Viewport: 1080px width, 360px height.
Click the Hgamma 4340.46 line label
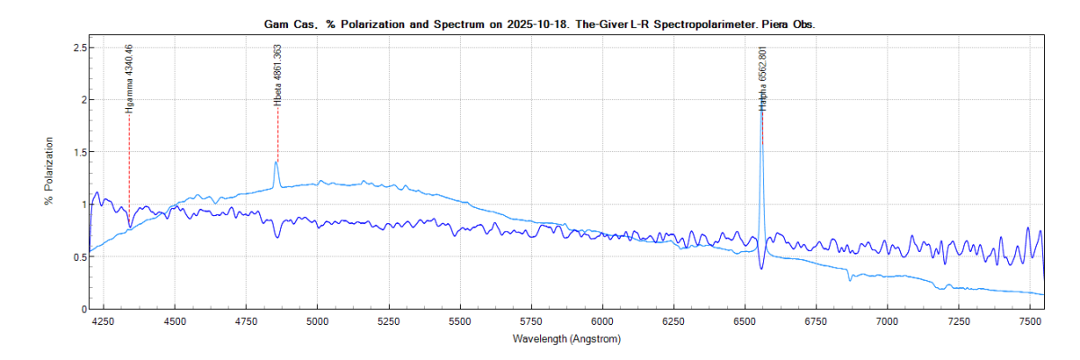tap(130, 77)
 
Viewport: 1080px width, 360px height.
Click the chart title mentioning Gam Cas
tap(539, 25)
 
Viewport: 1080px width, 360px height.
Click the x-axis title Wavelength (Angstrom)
tap(566, 339)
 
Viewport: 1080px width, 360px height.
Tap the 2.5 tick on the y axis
tap(77, 47)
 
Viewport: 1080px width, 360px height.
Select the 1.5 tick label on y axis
tap(77, 152)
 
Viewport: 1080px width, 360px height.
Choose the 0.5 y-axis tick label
tap(77, 257)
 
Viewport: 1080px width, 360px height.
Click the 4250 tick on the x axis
tap(103, 320)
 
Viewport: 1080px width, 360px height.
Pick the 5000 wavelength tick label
tap(318, 320)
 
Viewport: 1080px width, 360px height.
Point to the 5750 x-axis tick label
tap(531, 320)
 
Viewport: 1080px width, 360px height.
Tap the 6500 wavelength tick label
tap(745, 320)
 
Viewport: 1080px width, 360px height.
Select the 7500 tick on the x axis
tap(1030, 320)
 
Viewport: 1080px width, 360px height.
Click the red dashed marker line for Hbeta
tap(278, 135)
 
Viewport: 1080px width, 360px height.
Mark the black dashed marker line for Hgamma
tap(130, 162)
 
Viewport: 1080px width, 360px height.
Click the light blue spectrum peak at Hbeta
tap(275, 163)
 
